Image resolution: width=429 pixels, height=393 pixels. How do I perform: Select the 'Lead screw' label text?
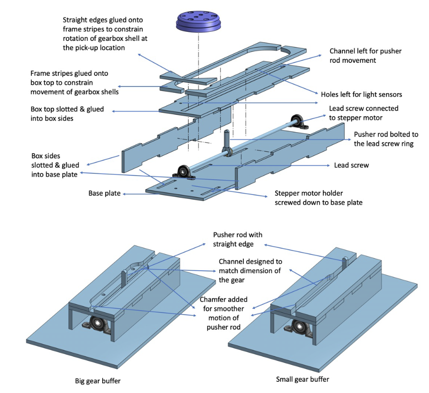tap(351, 165)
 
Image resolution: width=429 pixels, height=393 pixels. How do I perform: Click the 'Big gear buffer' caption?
tap(98, 381)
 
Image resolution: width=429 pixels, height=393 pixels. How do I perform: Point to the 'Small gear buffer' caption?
tap(302, 379)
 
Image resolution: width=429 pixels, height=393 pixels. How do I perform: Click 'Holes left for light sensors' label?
tap(361, 95)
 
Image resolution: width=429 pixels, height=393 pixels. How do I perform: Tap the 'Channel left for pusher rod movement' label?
tap(365, 56)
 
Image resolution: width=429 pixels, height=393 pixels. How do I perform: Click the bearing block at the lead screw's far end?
tap(297, 121)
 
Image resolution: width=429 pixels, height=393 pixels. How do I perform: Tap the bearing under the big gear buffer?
tap(97, 323)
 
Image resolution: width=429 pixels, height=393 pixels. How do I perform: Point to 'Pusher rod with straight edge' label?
tap(238, 239)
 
